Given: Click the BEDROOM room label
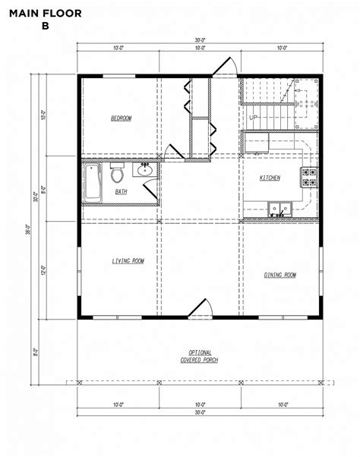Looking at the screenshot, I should click(121, 118).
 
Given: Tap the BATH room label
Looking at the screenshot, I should click(121, 191).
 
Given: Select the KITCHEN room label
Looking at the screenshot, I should click(270, 178).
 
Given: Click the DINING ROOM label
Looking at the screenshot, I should click(279, 275).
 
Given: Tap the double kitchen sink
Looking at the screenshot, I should click(279, 206).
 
